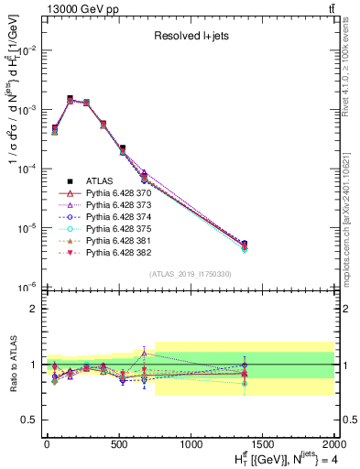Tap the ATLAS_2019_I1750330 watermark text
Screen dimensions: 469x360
190,274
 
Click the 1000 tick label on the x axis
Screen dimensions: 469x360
191,444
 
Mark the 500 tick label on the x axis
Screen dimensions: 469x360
119,444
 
